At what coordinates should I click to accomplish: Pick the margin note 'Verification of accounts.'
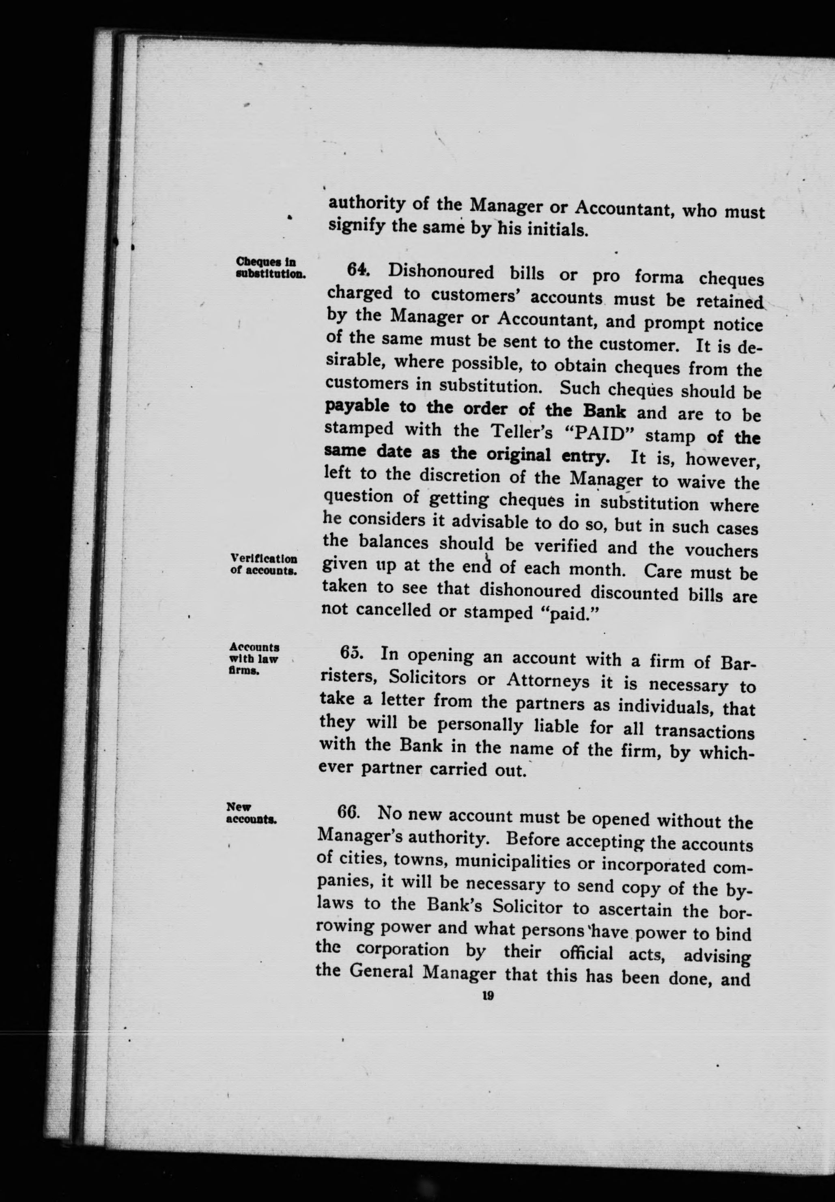pyautogui.click(x=264, y=565)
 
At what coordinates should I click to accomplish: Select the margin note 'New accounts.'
pyautogui.click(x=251, y=813)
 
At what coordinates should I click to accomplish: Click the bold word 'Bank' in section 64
pyautogui.click(x=604, y=411)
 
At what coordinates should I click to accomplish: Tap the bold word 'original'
pyautogui.click(x=519, y=455)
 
